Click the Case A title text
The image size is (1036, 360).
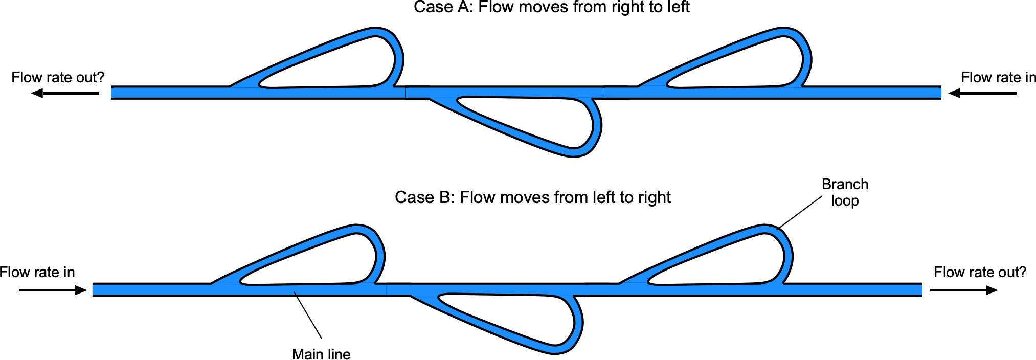pyautogui.click(x=551, y=7)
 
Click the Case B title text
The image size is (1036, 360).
pyautogui.click(x=532, y=197)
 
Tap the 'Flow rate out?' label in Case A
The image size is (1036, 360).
pyautogui.click(x=58, y=77)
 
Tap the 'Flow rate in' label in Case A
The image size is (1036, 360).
pyautogui.click(x=998, y=77)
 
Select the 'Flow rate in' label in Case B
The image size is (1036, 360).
pyautogui.click(x=37, y=272)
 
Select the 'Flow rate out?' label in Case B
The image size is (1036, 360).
pyautogui.click(x=980, y=272)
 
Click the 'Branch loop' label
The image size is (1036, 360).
pyautogui.click(x=845, y=192)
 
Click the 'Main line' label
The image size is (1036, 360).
pyautogui.click(x=321, y=354)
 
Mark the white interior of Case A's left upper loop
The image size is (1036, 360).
pyautogui.click(x=348, y=64)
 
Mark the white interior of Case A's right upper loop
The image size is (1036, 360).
pyautogui.click(x=757, y=64)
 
